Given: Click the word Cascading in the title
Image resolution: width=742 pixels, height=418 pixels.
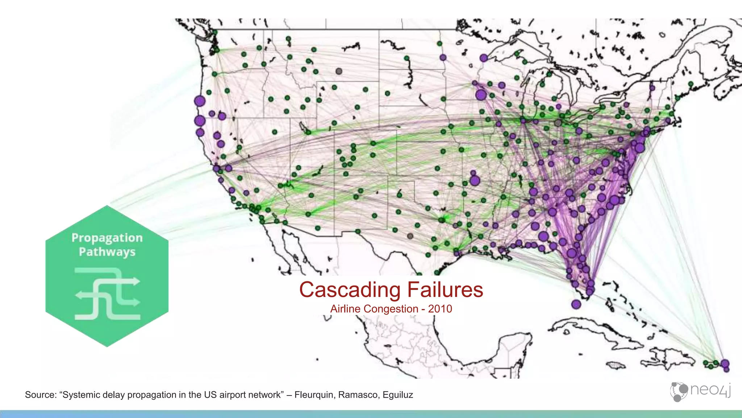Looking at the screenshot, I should [x=350, y=290].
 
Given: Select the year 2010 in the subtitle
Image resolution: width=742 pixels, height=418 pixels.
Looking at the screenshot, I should [x=440, y=309].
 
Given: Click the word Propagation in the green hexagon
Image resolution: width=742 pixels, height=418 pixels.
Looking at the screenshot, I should [x=107, y=238].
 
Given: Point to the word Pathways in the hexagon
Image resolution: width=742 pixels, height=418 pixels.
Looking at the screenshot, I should [x=107, y=252].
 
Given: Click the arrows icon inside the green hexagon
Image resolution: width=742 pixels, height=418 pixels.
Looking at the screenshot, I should [x=107, y=294].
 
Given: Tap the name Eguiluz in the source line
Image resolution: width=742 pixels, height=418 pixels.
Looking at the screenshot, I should [x=398, y=395].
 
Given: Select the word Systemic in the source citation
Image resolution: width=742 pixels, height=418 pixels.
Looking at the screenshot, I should [x=80, y=395].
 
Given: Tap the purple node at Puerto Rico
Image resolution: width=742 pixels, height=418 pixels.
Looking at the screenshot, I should [x=725, y=364].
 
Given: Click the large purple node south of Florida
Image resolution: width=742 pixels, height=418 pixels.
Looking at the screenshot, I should [x=576, y=304].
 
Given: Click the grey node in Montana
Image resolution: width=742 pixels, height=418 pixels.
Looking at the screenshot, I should [x=339, y=71].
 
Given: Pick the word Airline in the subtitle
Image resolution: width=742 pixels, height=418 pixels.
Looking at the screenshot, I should [x=345, y=309].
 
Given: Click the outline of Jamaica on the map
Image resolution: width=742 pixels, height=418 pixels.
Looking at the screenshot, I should [x=614, y=365].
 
